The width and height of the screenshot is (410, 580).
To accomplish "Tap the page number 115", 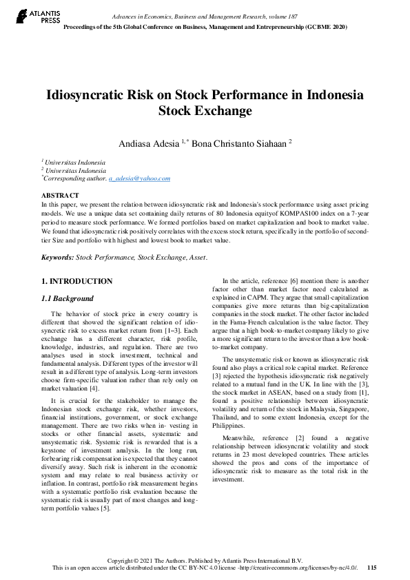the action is (x=372, y=568).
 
